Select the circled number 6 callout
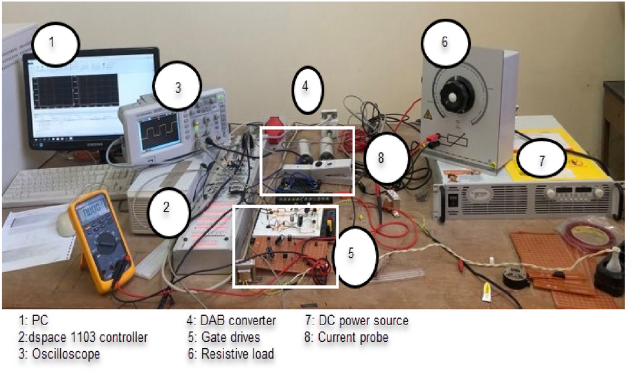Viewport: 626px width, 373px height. (x=445, y=42)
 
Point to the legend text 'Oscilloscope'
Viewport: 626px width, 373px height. (x=59, y=354)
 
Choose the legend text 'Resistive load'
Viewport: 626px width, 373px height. (x=238, y=354)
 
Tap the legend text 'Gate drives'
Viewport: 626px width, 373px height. (x=232, y=338)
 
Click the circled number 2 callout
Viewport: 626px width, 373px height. (x=167, y=207)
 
